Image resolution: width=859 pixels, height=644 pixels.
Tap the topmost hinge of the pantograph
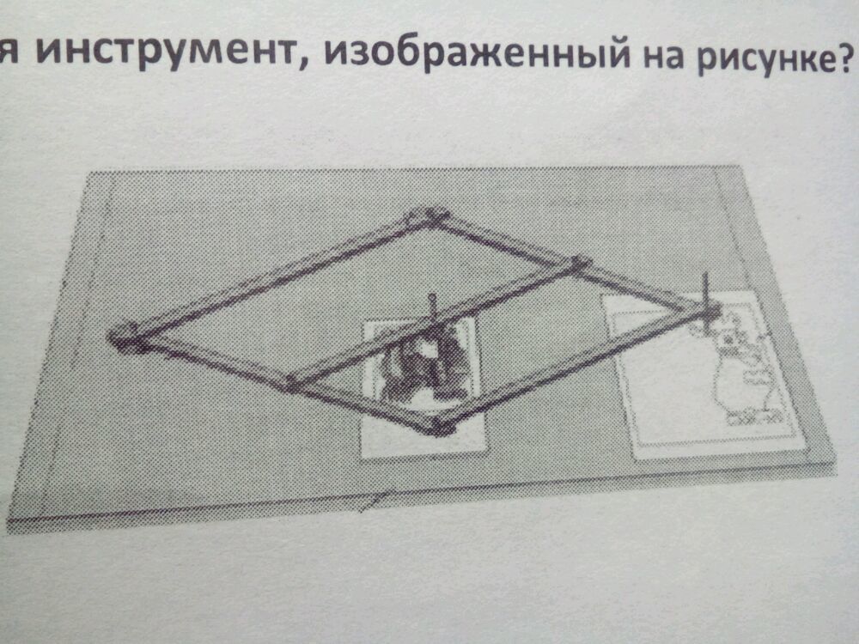point(426,216)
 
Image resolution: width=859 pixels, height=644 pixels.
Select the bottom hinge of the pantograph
point(440,424)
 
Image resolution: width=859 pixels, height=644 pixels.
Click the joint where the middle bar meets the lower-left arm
point(292,382)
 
